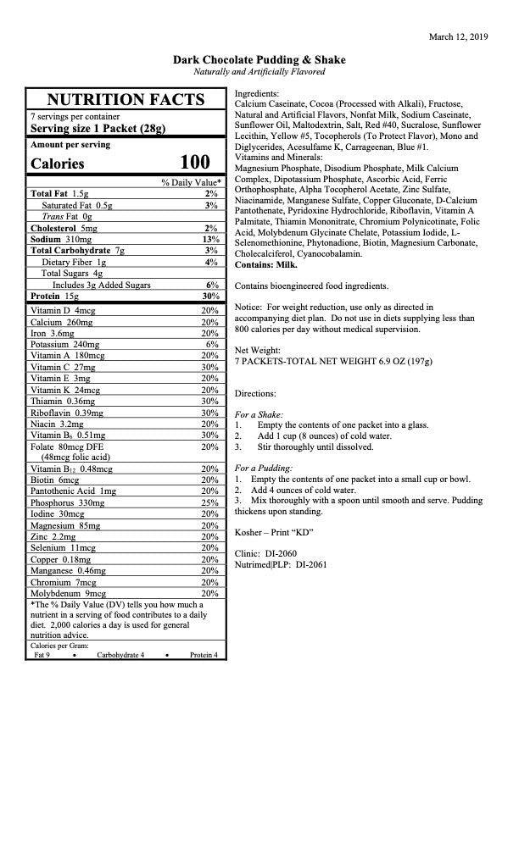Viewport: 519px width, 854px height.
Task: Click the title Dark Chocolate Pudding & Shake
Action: click(x=259, y=60)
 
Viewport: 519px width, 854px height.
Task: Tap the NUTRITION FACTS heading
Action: click(x=126, y=99)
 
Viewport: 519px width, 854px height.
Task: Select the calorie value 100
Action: click(x=194, y=163)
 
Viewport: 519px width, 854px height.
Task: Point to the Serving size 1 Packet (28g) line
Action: click(x=98, y=129)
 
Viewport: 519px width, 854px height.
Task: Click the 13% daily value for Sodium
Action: click(x=211, y=239)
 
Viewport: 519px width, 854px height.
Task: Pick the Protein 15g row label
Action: click(x=54, y=296)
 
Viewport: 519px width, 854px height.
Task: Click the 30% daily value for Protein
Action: click(x=211, y=296)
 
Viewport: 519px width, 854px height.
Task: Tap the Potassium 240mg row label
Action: click(x=64, y=345)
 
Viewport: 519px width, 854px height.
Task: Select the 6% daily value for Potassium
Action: click(x=213, y=345)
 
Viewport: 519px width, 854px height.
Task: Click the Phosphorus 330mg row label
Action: click(x=67, y=502)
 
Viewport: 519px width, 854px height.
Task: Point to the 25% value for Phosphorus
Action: click(x=210, y=502)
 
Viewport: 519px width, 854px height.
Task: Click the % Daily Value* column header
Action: click(x=191, y=182)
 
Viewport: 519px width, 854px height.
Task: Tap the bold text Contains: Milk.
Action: click(x=260, y=264)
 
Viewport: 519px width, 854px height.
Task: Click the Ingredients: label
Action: click(x=257, y=92)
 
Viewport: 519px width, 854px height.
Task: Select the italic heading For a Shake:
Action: click(x=259, y=414)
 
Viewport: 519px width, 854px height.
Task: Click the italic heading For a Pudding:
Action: click(x=264, y=468)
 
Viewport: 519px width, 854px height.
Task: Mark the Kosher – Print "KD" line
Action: click(x=274, y=532)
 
